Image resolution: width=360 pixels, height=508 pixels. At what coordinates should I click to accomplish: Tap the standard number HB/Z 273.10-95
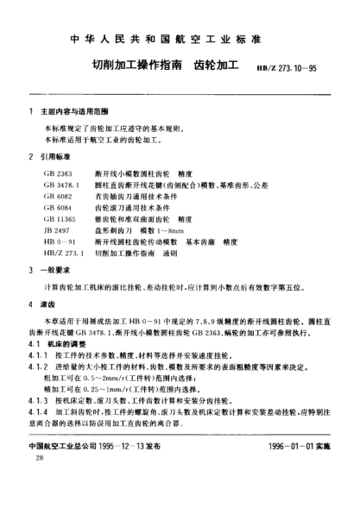(290, 67)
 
